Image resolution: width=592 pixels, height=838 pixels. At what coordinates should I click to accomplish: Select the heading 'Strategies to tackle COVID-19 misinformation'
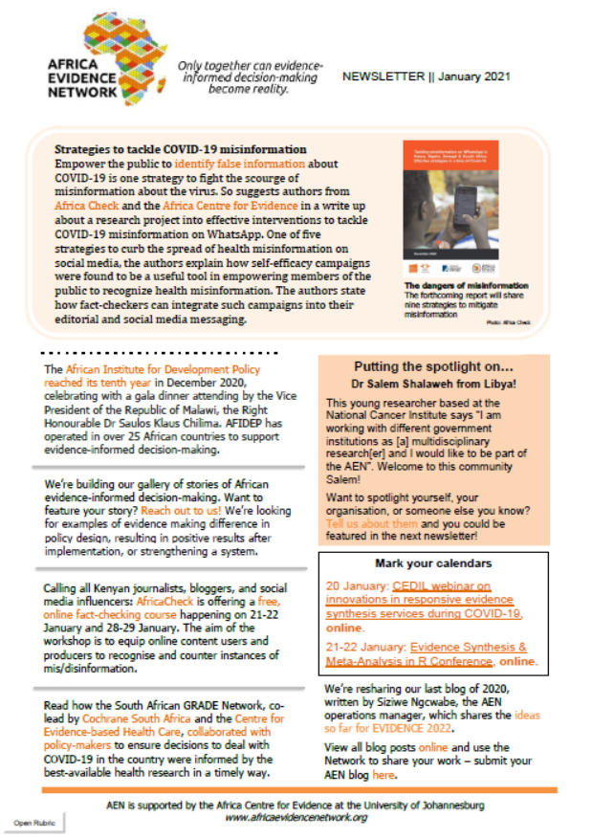(180, 150)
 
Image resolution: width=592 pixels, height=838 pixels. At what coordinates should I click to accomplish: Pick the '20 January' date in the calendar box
(352, 585)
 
